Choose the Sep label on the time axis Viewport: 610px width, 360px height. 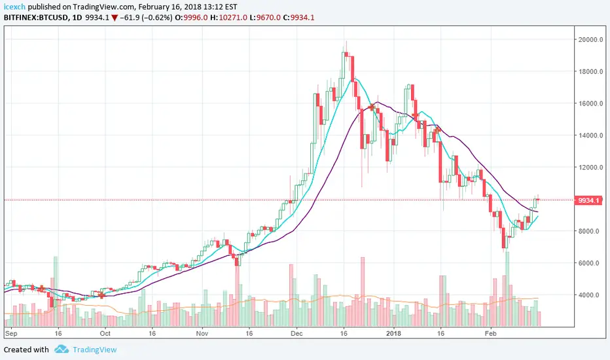point(11,333)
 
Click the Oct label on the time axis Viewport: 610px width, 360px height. point(105,333)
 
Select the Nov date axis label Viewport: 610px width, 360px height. point(202,333)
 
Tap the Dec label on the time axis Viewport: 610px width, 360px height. point(296,333)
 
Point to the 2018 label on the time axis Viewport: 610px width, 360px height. point(393,333)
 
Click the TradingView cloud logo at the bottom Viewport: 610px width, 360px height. point(62,350)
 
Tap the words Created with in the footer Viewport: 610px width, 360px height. point(26,350)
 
